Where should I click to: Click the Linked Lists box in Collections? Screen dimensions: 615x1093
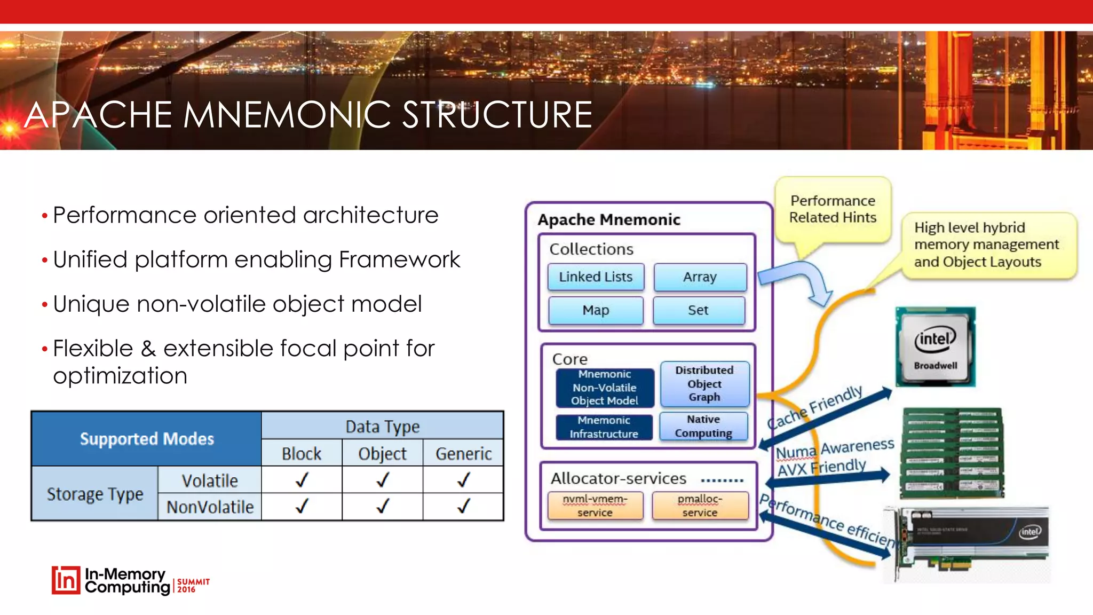pos(596,277)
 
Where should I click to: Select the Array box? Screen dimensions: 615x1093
pos(700,277)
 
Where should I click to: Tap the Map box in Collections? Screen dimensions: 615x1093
pos(596,310)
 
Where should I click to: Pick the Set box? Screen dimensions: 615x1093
pos(698,310)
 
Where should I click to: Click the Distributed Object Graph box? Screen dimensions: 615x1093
pos(704,384)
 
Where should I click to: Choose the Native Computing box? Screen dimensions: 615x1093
pos(703,426)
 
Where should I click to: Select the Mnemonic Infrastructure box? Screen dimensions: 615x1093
pos(604,427)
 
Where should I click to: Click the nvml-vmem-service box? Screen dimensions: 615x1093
pos(595,506)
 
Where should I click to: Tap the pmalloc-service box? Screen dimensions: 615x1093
pos(700,506)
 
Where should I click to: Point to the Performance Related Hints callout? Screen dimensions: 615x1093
pos(833,209)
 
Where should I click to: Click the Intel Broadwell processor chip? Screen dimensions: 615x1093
pos(935,346)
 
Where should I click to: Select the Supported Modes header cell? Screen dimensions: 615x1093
pos(147,439)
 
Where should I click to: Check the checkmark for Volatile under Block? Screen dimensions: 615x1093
pos(302,480)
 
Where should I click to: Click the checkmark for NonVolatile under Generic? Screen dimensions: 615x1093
pos(463,506)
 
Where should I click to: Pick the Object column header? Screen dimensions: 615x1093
pos(382,453)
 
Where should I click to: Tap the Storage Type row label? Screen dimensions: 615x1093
pos(95,494)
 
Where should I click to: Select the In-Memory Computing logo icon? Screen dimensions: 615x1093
pos(66,580)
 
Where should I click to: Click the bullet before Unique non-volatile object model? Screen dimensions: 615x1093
pos(45,305)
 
